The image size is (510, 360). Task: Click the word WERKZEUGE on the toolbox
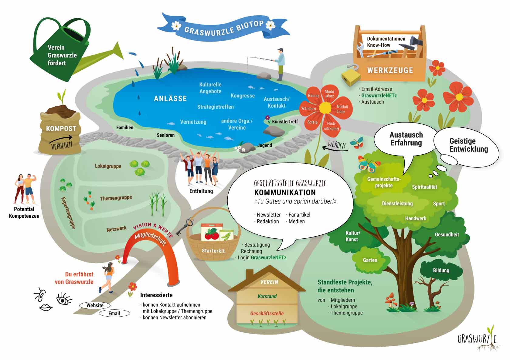[x=390, y=70]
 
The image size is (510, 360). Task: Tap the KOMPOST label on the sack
[x=61, y=129]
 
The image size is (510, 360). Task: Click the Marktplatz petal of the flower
[x=330, y=93]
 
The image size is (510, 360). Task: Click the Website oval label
[x=95, y=305]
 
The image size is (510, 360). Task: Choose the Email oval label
[x=114, y=313]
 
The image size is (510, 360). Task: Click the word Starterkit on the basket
[x=213, y=251]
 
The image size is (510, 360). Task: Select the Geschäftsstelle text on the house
[x=267, y=313]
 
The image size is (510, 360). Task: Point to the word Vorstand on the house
[x=267, y=296]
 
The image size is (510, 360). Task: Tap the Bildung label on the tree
[x=441, y=271]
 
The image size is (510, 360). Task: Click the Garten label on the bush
[x=370, y=260]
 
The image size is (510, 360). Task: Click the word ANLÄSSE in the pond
[x=170, y=99]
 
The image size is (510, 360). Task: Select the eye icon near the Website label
[x=63, y=299]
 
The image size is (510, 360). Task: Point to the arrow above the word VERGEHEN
[x=61, y=139]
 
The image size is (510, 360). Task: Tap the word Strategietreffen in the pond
[x=216, y=107]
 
